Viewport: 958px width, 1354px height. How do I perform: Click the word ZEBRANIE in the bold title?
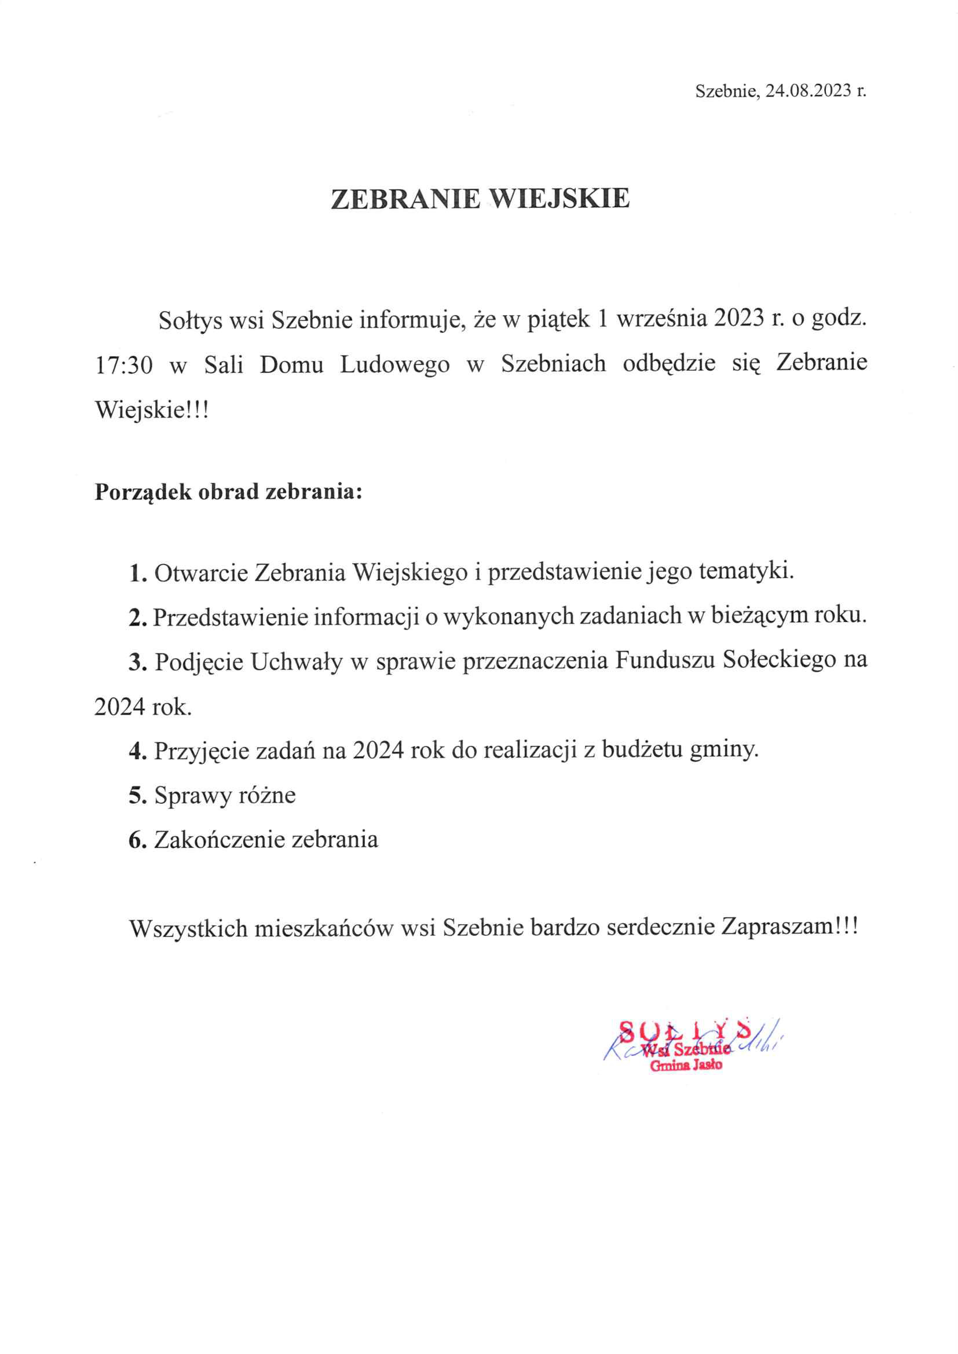(x=405, y=199)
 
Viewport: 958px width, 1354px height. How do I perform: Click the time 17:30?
(x=123, y=365)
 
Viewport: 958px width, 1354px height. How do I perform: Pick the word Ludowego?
(x=394, y=365)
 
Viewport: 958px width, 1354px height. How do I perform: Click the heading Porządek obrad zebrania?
(x=228, y=491)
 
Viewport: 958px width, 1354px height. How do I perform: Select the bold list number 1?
(x=137, y=573)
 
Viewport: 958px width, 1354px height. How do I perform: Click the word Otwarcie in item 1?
(x=200, y=573)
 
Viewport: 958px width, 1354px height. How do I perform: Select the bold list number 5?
(x=137, y=796)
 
